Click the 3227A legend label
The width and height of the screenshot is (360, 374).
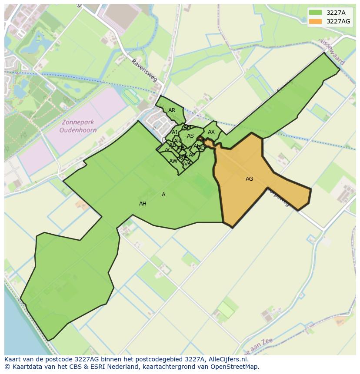336,13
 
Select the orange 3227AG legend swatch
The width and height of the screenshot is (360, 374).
316,21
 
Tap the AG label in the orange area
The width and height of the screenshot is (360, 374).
249,179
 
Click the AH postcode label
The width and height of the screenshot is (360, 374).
143,204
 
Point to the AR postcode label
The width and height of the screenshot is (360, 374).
172,110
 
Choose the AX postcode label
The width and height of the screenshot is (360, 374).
211,132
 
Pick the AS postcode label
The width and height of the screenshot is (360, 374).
190,136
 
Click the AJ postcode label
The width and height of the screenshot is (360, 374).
175,132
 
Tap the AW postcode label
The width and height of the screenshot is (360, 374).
173,161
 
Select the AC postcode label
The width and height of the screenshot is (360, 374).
168,150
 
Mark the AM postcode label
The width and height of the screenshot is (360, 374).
187,127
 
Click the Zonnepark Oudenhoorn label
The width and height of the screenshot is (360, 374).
78,126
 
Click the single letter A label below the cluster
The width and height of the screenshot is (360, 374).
163,195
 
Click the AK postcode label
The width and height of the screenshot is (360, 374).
177,141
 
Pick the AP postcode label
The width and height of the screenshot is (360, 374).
192,155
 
